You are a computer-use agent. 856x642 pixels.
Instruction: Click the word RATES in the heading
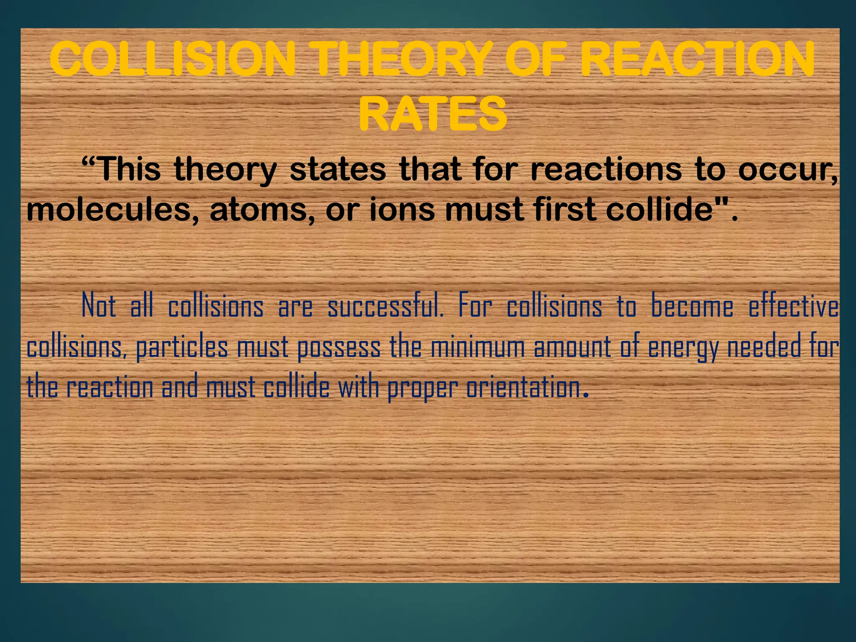[x=433, y=114]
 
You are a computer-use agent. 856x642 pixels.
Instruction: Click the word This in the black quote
[x=130, y=169]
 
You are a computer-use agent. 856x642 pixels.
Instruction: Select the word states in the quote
[x=338, y=169]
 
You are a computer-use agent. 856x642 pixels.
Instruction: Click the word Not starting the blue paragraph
[x=99, y=306]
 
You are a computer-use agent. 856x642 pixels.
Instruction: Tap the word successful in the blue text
[x=385, y=306]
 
